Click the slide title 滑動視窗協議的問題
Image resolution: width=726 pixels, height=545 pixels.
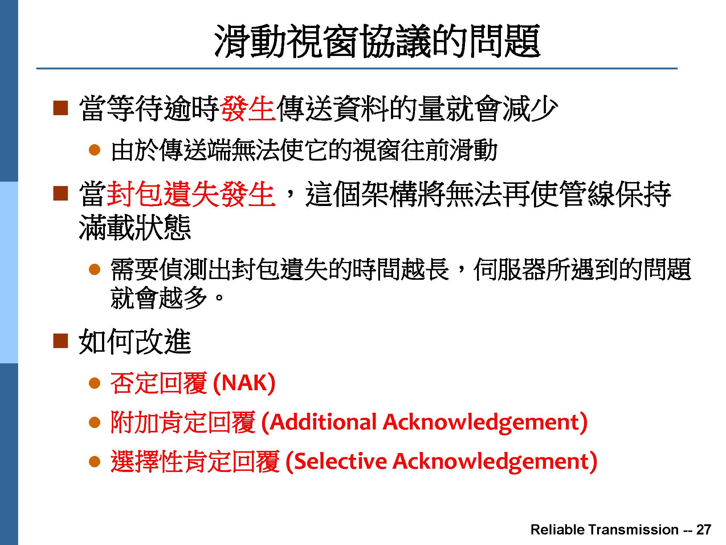coord(377,41)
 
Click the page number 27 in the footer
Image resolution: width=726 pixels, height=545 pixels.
coord(703,530)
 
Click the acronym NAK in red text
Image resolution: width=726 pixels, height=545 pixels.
coord(244,383)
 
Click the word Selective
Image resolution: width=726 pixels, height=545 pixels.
coord(340,461)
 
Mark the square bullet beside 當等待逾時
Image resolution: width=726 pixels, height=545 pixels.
coord(60,108)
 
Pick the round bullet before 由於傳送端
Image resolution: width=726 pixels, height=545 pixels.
coord(94,150)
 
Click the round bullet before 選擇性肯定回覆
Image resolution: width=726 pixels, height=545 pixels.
coord(94,461)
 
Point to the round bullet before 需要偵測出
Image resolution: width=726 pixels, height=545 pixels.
coord(94,270)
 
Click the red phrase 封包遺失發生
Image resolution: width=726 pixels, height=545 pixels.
coord(191,194)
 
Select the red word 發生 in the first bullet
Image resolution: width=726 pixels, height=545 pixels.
coord(248,108)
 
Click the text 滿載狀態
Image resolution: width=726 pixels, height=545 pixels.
coord(135,228)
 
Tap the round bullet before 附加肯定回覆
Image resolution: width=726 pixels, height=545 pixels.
coord(94,422)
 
